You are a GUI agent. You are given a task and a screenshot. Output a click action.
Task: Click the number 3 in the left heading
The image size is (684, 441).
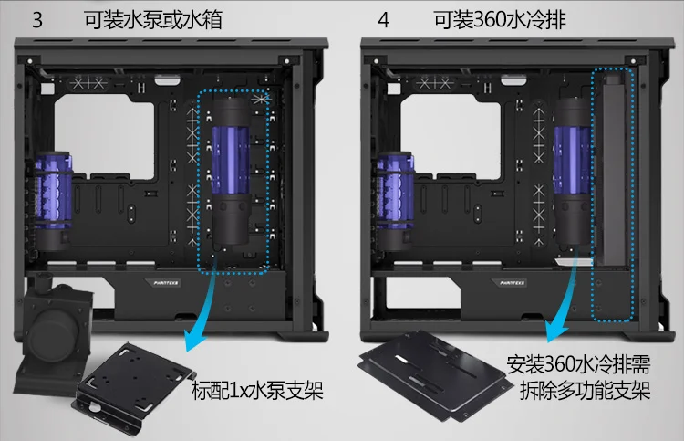click(37, 21)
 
